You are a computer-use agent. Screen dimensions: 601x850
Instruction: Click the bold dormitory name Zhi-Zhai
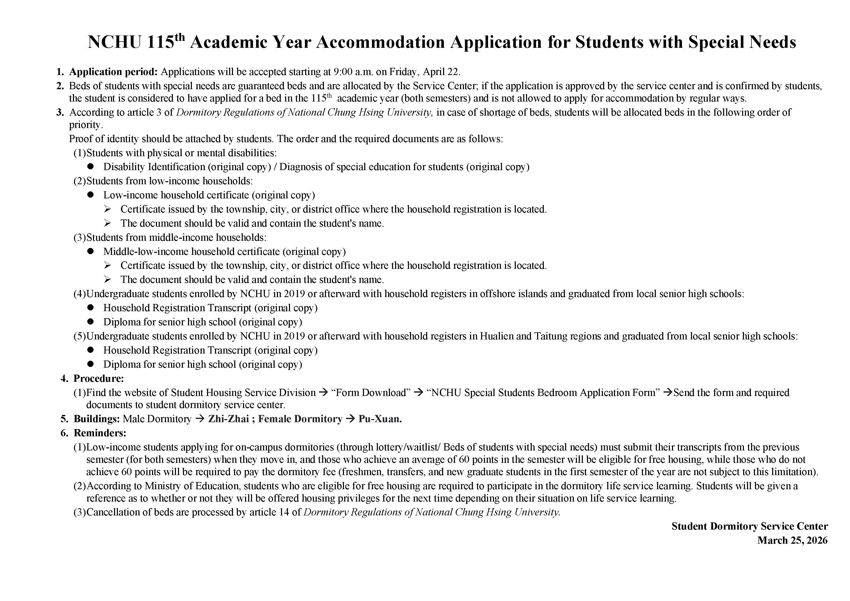tap(228, 419)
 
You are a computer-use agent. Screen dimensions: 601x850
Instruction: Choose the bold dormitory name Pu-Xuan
tap(380, 419)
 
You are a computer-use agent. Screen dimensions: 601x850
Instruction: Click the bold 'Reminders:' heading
tap(100, 433)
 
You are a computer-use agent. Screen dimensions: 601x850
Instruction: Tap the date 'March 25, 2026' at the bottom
tap(792, 540)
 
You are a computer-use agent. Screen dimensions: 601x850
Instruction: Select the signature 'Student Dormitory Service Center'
tap(750, 526)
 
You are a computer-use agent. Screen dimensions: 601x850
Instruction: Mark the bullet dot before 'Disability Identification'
tap(91, 167)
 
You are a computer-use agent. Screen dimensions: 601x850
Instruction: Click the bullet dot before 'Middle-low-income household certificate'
tap(91, 252)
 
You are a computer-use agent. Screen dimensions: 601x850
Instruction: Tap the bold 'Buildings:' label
tap(97, 419)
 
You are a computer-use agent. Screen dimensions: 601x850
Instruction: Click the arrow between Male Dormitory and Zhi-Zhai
tap(200, 419)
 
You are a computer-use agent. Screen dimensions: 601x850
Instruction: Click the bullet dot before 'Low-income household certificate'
tap(91, 195)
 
